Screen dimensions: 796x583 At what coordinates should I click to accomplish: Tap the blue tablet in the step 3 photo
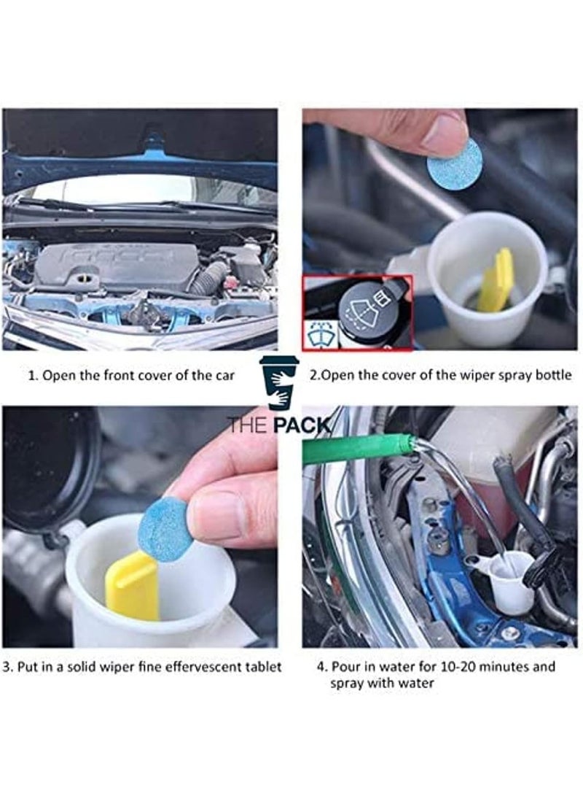165,528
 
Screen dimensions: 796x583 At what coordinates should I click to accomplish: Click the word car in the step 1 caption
224,376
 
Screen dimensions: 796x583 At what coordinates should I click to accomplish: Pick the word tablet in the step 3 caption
262,667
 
